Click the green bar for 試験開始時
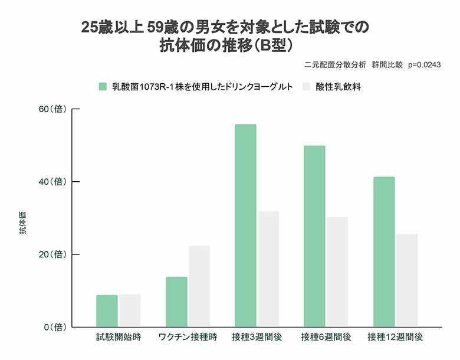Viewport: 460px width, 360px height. tap(107, 311)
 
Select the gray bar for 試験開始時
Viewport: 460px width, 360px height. tap(129, 311)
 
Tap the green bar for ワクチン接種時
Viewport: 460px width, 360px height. tap(176, 302)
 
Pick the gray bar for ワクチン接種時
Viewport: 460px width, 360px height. tap(199, 286)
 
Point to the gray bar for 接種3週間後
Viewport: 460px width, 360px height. tap(268, 269)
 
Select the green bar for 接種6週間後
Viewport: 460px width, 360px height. tap(314, 236)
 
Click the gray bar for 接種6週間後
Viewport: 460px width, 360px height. tap(337, 272)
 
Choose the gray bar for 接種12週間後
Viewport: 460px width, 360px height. tap(406, 280)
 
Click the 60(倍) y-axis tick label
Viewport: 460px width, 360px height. tap(51, 109)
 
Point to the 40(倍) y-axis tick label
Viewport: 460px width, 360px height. tap(51, 182)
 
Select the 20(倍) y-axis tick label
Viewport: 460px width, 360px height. tap(51, 254)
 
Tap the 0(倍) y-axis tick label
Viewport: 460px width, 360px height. tap(54, 327)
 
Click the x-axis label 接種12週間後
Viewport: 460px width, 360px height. tap(395, 338)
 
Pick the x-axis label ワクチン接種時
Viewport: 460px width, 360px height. tap(188, 338)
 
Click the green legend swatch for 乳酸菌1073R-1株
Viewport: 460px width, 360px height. tap(103, 87)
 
